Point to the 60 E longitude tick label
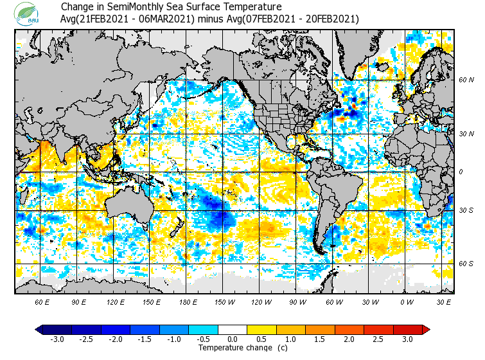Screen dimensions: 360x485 click(x=42, y=301)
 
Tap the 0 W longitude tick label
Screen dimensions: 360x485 click(x=406, y=301)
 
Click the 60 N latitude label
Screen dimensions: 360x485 click(x=466, y=80)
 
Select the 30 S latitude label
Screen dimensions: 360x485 click(x=466, y=211)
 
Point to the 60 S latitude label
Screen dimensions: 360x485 click(x=466, y=263)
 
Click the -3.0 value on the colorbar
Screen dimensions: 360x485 click(x=57, y=339)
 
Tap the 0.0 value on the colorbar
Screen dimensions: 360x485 click(x=232, y=339)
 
